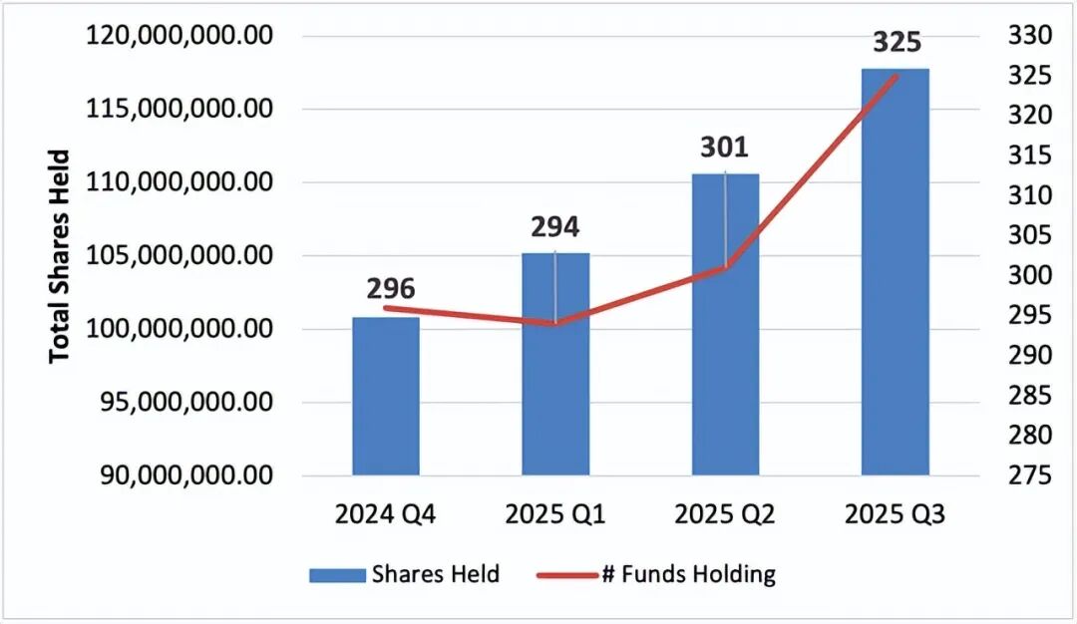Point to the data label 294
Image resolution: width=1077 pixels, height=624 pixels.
[554, 227]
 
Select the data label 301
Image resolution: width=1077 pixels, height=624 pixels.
[724, 149]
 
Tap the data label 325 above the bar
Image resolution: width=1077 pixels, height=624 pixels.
[897, 43]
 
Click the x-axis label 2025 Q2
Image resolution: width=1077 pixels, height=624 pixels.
[724, 515]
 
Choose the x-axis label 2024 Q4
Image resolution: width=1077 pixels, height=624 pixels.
[386, 515]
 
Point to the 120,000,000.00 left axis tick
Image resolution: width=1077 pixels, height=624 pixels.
[180, 36]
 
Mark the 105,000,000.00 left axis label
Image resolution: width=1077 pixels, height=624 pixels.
[180, 256]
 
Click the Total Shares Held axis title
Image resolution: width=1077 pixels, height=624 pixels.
[61, 256]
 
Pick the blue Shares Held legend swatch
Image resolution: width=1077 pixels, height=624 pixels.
[336, 575]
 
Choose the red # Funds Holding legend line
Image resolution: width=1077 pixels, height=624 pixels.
[565, 575]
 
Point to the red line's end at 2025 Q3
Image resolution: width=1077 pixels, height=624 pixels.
[897, 77]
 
